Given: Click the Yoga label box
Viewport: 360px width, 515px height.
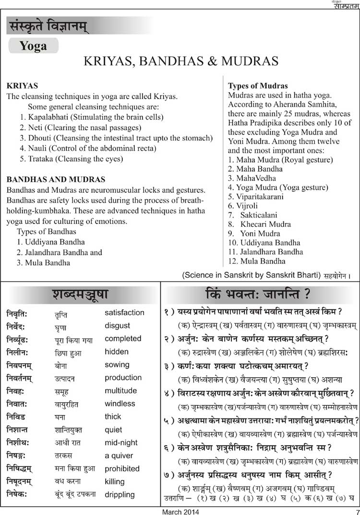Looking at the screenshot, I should pos(33,46).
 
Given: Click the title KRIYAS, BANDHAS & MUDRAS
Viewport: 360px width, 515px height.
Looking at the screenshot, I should pos(181,61).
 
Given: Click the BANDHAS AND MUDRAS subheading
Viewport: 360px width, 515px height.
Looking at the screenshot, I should pos(56,179).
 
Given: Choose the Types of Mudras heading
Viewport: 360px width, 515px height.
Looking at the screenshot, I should pos(258,86).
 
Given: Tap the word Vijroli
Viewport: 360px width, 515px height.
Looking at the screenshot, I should pos(249,206).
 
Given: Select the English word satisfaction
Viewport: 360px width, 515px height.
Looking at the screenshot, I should pos(124,312).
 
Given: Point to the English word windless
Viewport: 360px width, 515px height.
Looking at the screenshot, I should pos(120,404).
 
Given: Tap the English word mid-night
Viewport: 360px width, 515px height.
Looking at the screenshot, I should pos(121,442).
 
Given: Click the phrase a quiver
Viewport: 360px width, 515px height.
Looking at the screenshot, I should pos(119,455).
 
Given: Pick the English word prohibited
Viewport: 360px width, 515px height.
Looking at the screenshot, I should pos(122,468).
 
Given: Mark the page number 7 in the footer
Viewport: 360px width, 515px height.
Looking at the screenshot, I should pos(357,511).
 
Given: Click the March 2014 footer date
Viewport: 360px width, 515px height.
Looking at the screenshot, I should pos(178,511).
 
